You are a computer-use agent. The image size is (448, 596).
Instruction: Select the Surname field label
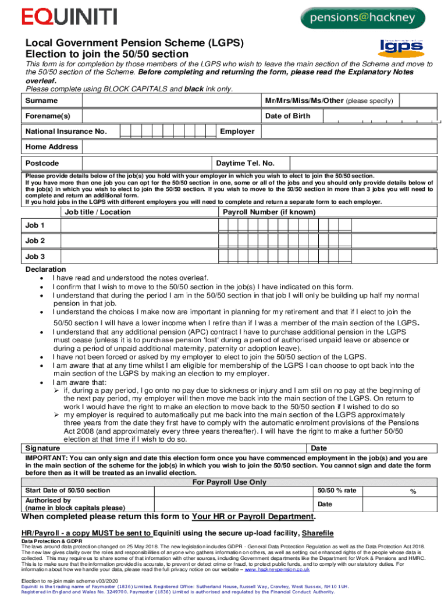pyautogui.click(x=41, y=101)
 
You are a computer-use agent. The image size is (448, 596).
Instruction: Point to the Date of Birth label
pyautogui.click(x=287, y=116)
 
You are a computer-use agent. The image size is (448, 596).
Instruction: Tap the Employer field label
pyautogui.click(x=237, y=132)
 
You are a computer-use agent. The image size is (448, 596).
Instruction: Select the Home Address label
pyautogui.click(x=51, y=147)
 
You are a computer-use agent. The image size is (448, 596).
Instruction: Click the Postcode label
pyautogui.click(x=42, y=163)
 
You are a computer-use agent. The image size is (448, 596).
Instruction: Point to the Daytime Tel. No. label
pyautogui.click(x=245, y=163)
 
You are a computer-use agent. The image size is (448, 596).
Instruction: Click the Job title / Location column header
pyautogui.click(x=98, y=212)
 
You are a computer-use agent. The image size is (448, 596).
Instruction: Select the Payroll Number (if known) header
pyautogui.click(x=269, y=212)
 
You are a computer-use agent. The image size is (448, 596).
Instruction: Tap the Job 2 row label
pyautogui.click(x=35, y=240)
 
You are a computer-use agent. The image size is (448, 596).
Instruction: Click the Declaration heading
pyautogui.click(x=45, y=269)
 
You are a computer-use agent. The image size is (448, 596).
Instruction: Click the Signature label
pyautogui.click(x=42, y=448)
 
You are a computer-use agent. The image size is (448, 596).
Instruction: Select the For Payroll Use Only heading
pyautogui.click(x=229, y=482)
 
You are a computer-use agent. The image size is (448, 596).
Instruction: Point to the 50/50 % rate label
pyautogui.click(x=337, y=491)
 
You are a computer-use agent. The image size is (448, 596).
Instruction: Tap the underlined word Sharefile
pyautogui.click(x=318, y=533)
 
